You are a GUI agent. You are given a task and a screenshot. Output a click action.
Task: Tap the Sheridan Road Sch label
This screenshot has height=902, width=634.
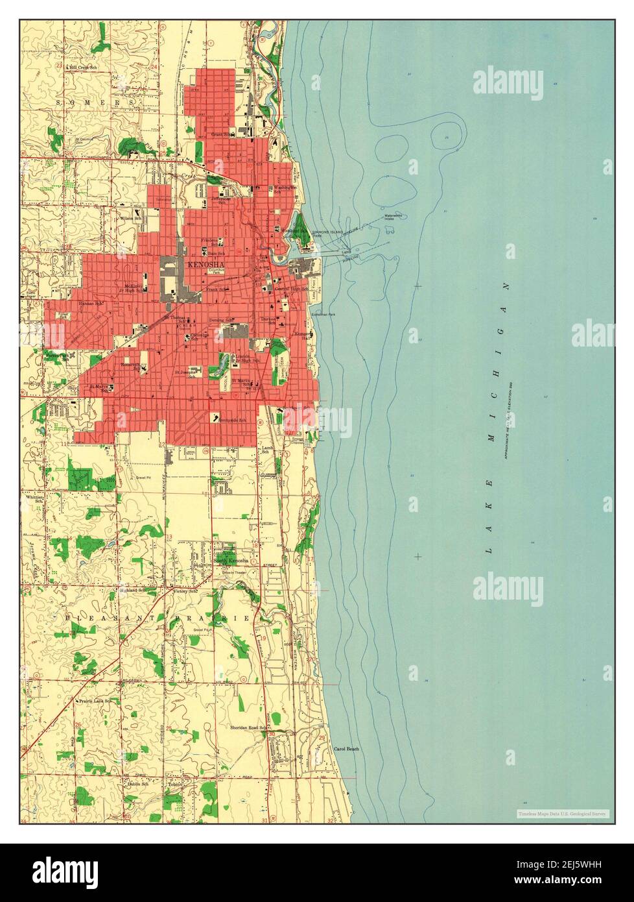pyautogui.click(x=249, y=729)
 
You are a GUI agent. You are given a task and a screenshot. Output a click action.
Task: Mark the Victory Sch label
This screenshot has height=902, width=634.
pyautogui.click(x=182, y=591)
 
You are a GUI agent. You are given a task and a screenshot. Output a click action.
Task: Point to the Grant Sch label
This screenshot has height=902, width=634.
pyautogui.click(x=224, y=134)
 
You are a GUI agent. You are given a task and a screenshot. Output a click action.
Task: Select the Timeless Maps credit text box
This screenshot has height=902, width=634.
pyautogui.click(x=562, y=813)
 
